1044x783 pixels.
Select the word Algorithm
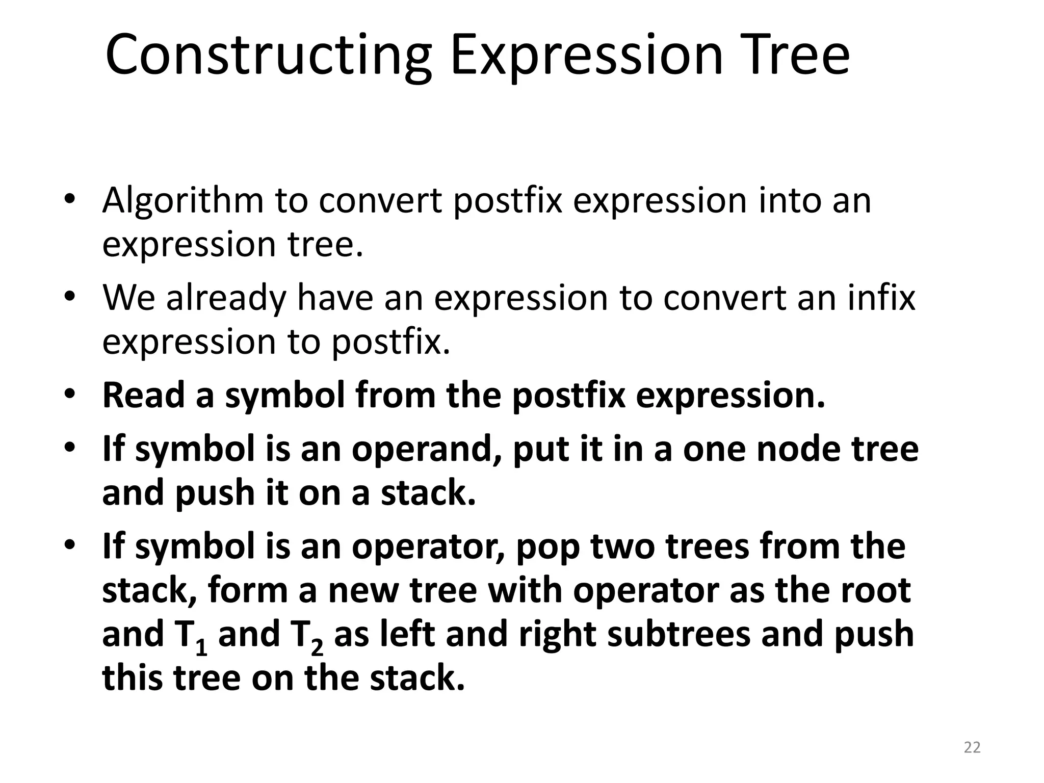coord(182,201)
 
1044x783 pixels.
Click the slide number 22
coord(972,747)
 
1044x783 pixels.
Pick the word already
coord(226,298)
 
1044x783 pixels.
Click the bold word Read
coord(142,396)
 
